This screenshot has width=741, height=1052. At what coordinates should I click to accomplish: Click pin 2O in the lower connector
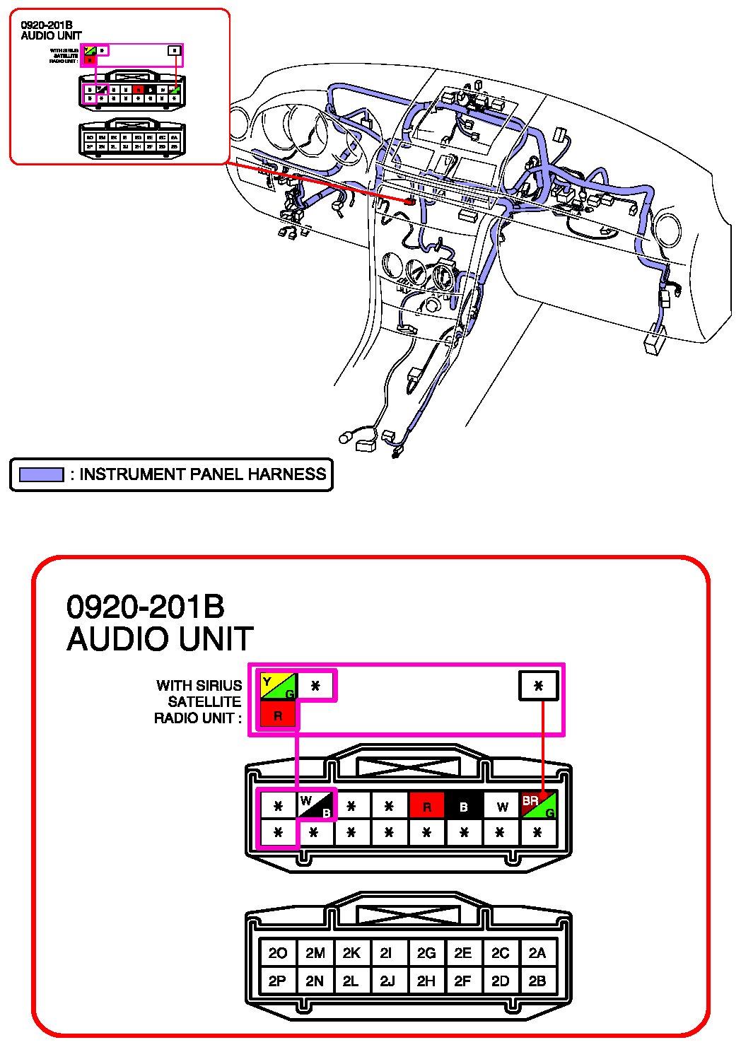tap(278, 953)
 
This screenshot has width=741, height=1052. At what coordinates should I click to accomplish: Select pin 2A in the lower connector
tap(537, 953)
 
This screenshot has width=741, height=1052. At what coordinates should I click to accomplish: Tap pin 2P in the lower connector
tap(278, 981)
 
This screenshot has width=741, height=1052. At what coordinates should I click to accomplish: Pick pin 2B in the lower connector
tap(537, 981)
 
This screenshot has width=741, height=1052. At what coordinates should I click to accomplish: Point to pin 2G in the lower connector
tap(426, 953)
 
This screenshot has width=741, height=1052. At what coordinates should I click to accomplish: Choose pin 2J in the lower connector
tap(387, 981)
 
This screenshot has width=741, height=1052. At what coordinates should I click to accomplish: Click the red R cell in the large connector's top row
tap(426, 806)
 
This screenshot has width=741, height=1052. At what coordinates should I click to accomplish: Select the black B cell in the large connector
tap(464, 806)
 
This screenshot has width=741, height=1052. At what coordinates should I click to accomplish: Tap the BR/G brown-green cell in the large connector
tap(538, 805)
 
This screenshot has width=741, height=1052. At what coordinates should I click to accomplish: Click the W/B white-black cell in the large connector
tap(315, 805)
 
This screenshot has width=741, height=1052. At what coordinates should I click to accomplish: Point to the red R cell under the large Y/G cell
tap(278, 715)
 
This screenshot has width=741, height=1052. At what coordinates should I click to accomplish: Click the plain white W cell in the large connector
tap(501, 806)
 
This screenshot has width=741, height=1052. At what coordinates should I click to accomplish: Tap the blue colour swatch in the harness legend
tap(41, 474)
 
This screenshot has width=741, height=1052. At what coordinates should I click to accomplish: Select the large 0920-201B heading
tap(146, 607)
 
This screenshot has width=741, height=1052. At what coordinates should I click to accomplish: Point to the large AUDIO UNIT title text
tap(160, 639)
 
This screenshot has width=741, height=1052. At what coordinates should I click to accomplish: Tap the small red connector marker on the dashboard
tap(409, 201)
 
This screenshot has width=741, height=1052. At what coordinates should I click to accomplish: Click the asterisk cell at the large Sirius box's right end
tap(539, 686)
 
